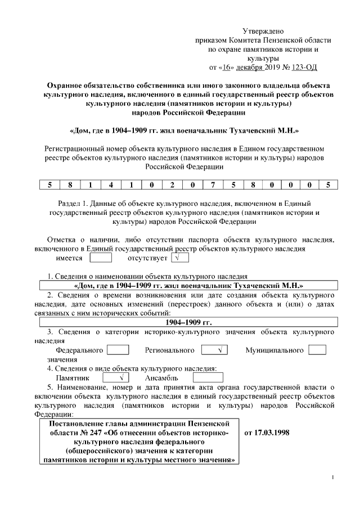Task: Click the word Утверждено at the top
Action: point(263,30)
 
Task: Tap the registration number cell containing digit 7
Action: point(211,184)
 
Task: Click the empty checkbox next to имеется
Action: point(101,258)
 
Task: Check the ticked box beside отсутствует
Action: point(180,258)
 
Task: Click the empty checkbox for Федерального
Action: point(118,350)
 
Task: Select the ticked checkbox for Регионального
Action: point(214,350)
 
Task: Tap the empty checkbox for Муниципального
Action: point(317,350)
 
